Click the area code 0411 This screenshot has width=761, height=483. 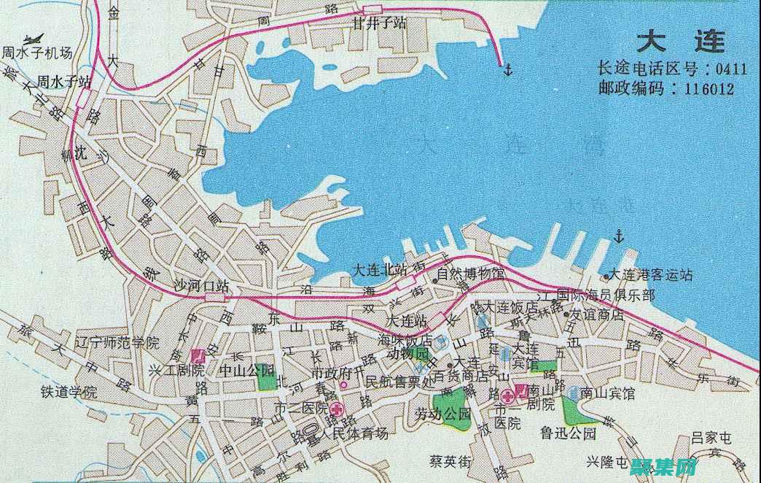[730, 69]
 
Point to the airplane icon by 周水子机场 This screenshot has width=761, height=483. [32, 39]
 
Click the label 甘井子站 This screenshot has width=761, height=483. [379, 23]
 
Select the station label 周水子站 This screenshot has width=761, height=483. [64, 80]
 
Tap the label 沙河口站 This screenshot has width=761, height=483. [200, 285]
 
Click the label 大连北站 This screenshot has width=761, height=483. [378, 268]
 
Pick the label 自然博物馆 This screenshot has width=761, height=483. [472, 275]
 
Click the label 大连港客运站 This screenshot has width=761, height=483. [650, 275]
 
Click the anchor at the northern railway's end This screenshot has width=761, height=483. [507, 69]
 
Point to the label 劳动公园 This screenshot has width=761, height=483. [443, 414]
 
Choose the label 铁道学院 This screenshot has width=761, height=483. [69, 391]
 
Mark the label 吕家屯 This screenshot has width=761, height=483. [711, 438]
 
